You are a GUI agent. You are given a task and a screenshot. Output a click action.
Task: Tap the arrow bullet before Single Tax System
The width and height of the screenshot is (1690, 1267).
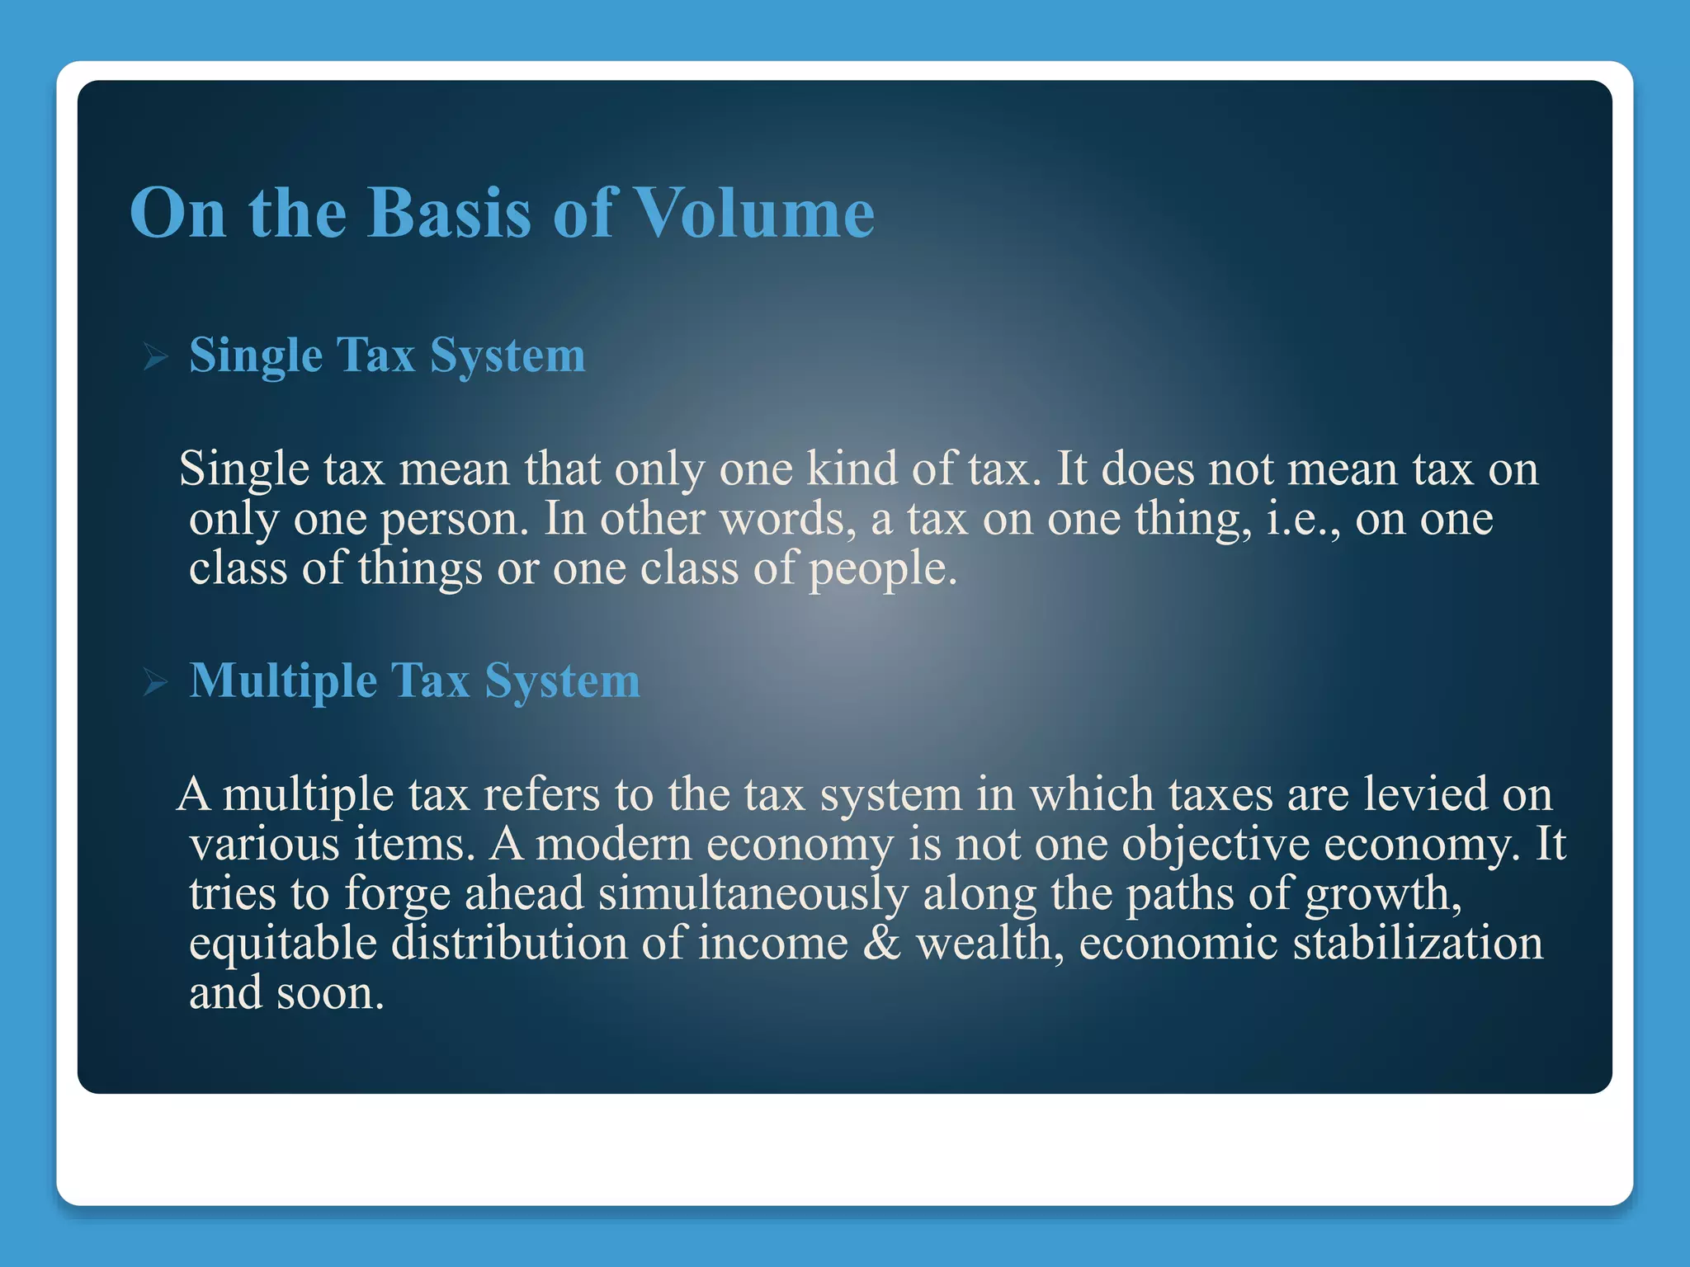pos(155,358)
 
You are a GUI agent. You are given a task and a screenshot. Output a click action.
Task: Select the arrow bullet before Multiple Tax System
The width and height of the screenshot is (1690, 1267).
pos(155,683)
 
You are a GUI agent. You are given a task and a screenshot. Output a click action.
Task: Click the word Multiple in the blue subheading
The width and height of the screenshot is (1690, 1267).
pos(283,681)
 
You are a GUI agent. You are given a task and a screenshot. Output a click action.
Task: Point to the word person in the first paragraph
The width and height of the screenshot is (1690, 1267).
pos(453,520)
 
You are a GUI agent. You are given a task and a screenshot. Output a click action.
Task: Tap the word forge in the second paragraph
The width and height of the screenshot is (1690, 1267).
pos(397,896)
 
